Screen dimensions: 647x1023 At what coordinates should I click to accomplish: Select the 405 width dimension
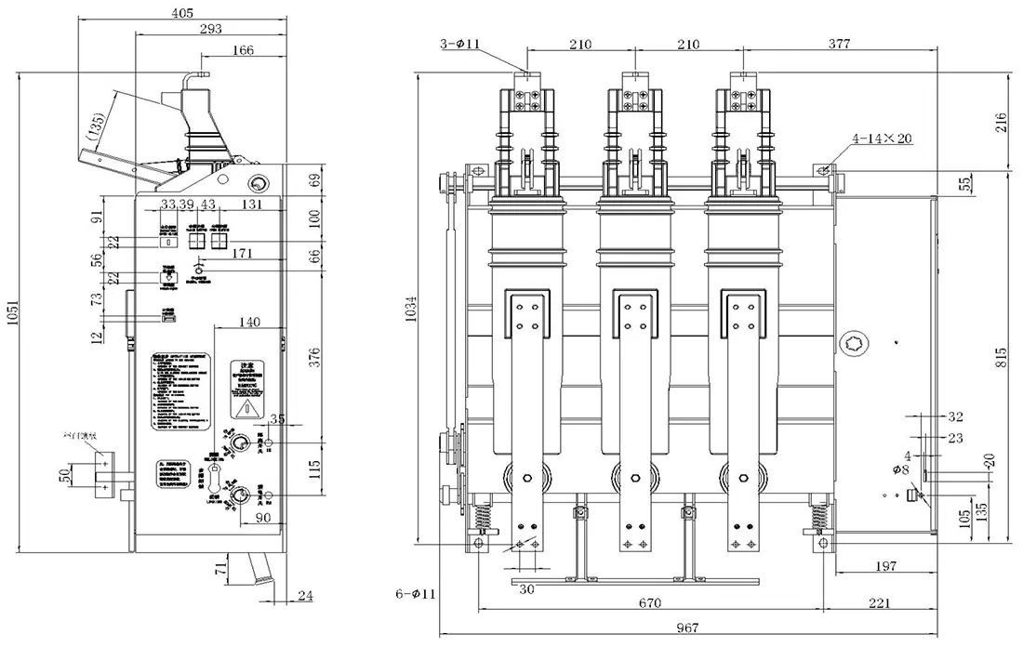[x=183, y=12]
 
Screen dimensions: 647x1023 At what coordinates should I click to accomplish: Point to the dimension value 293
[x=210, y=30]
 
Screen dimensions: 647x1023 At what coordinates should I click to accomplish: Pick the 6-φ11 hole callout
[x=416, y=593]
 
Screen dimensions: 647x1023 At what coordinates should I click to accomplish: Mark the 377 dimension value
[x=840, y=44]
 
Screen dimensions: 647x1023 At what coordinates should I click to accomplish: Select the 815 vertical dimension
[x=1002, y=357]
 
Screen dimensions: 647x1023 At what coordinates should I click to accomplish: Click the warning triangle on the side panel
[x=246, y=409]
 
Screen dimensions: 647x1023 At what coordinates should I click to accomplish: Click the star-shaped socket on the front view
[x=848, y=343]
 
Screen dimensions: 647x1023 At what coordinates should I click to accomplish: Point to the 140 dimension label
[x=249, y=322]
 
